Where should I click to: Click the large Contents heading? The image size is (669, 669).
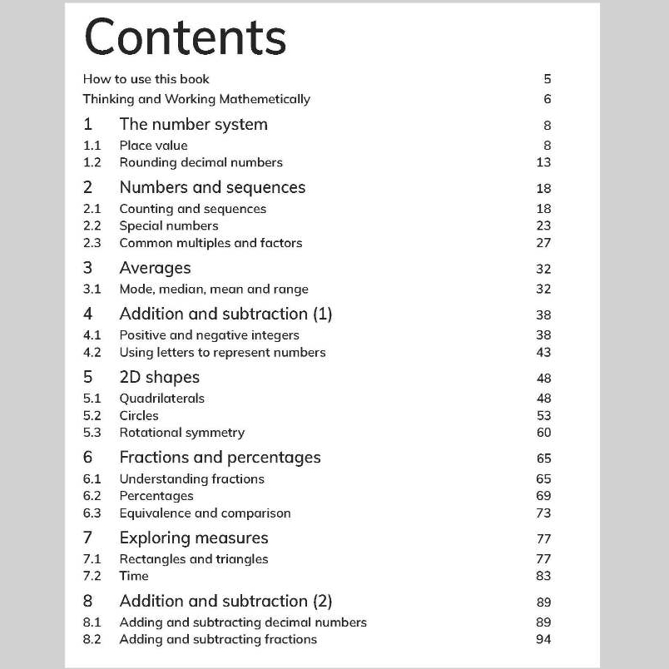pos(185,37)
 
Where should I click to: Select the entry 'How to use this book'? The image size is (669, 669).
pos(146,79)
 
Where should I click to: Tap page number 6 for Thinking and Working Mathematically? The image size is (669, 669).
pos(547,99)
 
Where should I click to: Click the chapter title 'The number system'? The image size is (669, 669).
pos(193,125)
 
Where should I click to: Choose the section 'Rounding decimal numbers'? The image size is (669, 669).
pos(201,162)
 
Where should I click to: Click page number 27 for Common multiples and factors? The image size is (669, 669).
pos(543,243)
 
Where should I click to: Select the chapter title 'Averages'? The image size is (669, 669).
pos(155,268)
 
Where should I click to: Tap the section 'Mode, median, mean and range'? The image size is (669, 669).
pos(213,290)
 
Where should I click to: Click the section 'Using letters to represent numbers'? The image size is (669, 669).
pos(222,352)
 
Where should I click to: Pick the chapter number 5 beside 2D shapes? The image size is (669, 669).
pos(87,377)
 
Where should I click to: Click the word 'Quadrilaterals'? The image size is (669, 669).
pos(161,398)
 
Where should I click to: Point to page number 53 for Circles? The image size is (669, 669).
pos(543,415)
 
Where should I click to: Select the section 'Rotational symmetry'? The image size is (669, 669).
pos(181,432)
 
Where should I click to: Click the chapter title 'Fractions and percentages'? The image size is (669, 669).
pos(220,457)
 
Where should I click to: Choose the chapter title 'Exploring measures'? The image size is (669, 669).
pos(193,538)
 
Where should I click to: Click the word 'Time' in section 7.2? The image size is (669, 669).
pos(134,575)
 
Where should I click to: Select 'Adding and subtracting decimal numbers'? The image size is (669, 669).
pos(242,622)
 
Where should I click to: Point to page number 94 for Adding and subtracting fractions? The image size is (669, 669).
pos(543,639)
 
